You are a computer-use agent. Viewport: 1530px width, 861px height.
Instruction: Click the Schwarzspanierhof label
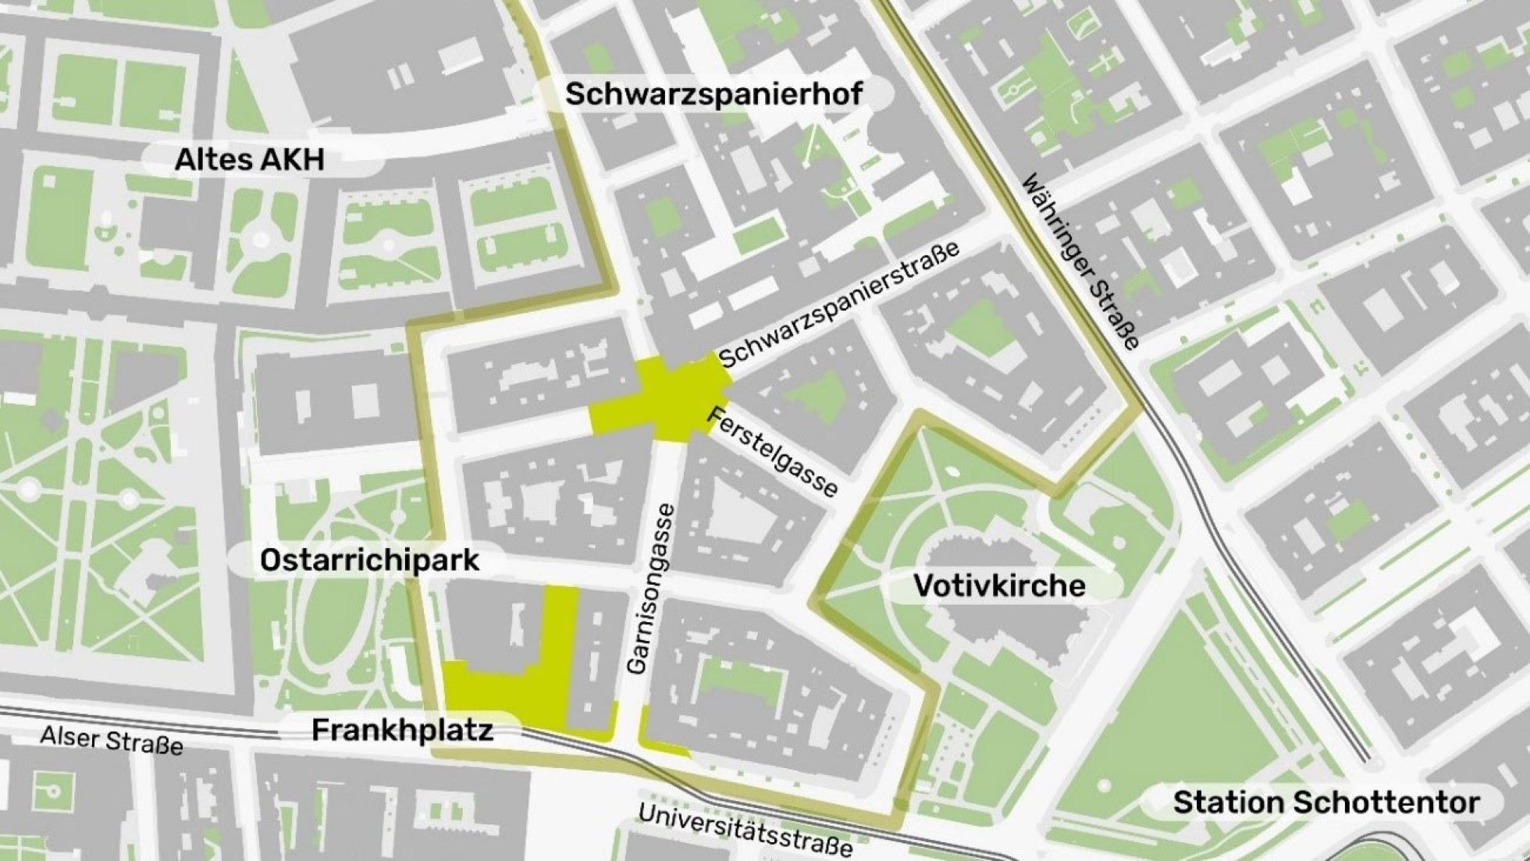click(713, 95)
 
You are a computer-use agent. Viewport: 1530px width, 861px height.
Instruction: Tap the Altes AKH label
click(249, 160)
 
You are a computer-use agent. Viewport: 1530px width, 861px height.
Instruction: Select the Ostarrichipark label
click(369, 560)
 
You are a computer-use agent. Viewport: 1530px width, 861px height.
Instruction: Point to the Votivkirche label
click(999, 585)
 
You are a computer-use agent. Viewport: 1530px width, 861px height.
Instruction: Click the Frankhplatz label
click(402, 731)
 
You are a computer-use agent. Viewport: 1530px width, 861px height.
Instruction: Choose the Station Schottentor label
click(1325, 802)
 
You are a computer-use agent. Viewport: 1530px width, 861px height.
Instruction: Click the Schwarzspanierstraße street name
click(839, 306)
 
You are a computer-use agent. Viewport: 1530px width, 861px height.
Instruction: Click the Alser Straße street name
click(112, 740)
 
